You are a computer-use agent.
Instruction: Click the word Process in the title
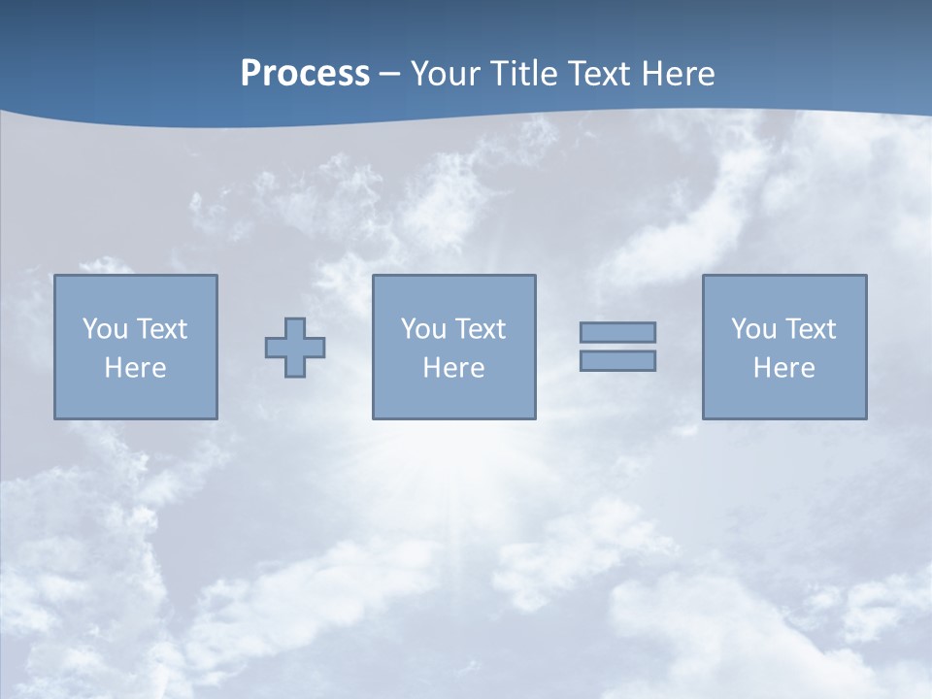(x=305, y=74)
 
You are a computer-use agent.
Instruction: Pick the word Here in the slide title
(x=681, y=74)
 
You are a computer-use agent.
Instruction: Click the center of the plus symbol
(x=295, y=348)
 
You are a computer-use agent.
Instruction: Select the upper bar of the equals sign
(x=617, y=332)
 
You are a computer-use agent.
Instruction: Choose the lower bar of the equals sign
(x=617, y=361)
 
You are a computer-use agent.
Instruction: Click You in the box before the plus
(x=104, y=329)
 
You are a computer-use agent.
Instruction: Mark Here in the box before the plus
(x=135, y=368)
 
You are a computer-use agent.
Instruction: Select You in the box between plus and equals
(x=423, y=329)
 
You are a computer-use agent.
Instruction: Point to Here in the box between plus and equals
(x=453, y=368)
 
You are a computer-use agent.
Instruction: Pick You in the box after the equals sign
(x=753, y=329)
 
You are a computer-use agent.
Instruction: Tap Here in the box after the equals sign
(x=783, y=368)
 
